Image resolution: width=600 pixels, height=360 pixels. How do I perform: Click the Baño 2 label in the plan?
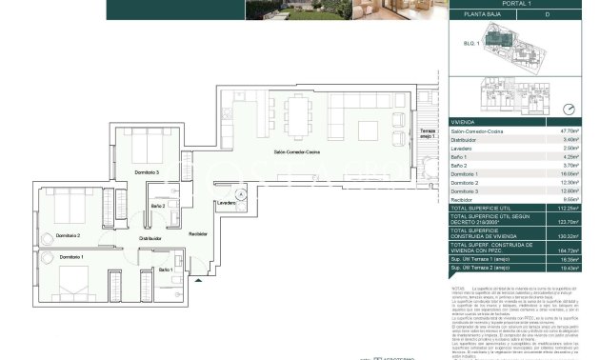click(x=158, y=206)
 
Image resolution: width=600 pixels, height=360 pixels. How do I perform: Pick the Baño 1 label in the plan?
click(x=166, y=270)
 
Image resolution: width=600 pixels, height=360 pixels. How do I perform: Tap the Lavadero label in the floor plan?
click(x=226, y=203)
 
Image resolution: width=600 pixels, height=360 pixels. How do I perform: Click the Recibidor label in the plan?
click(x=197, y=233)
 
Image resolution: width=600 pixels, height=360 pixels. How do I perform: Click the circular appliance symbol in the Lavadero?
click(x=242, y=193)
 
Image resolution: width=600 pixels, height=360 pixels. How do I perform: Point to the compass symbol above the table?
click(x=570, y=109)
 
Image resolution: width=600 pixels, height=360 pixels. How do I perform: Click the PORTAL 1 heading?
click(x=517, y=4)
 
